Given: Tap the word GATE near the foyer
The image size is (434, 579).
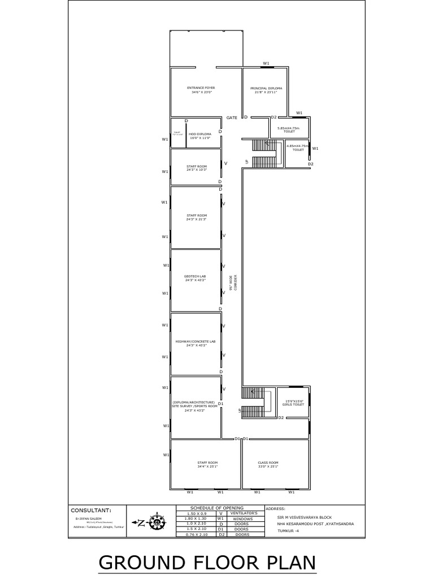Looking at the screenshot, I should tap(232, 118).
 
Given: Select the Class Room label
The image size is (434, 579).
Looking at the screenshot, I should tap(268, 464).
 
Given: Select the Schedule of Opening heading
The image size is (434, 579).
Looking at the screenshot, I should tap(217, 508).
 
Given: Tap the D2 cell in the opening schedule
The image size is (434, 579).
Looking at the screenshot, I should tap(222, 534).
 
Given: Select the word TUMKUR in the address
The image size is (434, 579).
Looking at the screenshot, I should tap(288, 530).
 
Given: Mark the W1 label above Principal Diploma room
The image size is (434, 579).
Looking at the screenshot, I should tap(266, 63).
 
